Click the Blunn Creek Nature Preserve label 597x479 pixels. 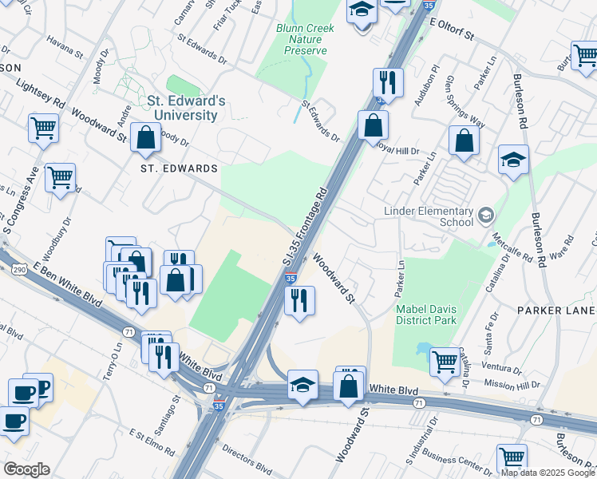point(306,39)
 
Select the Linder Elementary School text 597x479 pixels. point(429,216)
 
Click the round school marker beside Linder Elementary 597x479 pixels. point(484,215)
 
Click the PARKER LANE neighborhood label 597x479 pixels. point(555,310)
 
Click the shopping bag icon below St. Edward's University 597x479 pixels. point(146,138)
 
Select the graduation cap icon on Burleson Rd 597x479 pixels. point(513,161)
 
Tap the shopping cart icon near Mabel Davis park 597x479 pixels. point(445,360)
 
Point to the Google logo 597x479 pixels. point(26,469)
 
